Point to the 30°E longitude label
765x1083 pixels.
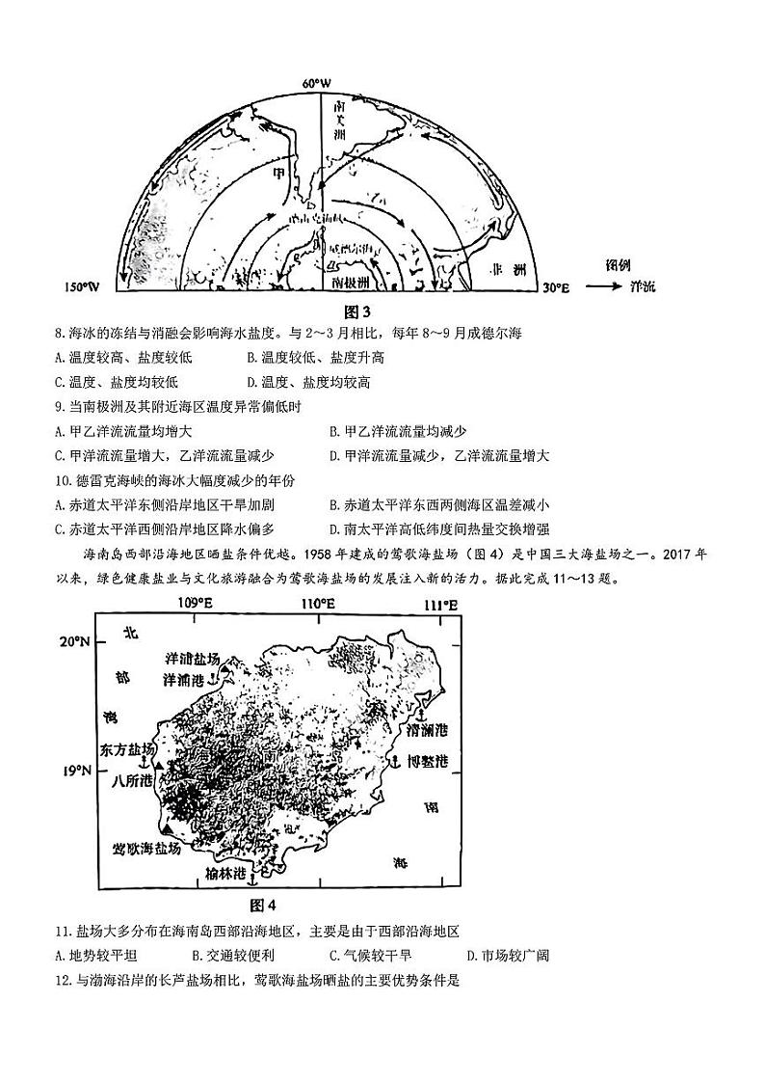click(557, 287)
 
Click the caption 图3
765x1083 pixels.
click(357, 311)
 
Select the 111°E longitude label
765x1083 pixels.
click(441, 604)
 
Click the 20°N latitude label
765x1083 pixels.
click(76, 641)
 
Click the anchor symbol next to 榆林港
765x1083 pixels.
click(253, 874)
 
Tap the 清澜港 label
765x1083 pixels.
click(427, 729)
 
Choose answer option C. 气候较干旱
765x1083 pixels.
click(371, 956)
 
